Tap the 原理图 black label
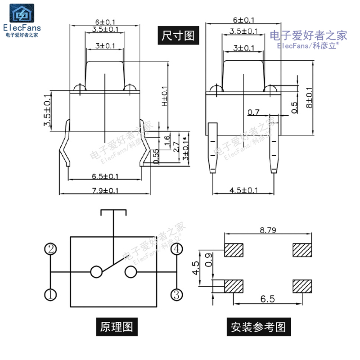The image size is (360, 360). point(117,326)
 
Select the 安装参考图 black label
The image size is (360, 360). point(258,326)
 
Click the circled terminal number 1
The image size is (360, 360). point(50,295)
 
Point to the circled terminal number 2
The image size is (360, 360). point(50,249)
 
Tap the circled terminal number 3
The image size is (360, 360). point(176,295)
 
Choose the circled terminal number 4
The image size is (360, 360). point(176,249)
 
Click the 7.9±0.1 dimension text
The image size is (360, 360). point(105,190)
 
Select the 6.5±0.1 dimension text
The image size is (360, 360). point(105,176)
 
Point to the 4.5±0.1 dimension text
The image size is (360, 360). point(243,190)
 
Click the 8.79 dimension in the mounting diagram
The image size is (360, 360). point(268,230)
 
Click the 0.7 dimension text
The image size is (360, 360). point(254,112)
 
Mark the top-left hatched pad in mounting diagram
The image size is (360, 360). point(233,250)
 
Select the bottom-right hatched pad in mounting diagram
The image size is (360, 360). point(302,286)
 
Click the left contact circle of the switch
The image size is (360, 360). point(96,272)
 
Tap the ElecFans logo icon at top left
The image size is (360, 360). point(22,15)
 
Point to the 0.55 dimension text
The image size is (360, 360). point(156,156)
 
